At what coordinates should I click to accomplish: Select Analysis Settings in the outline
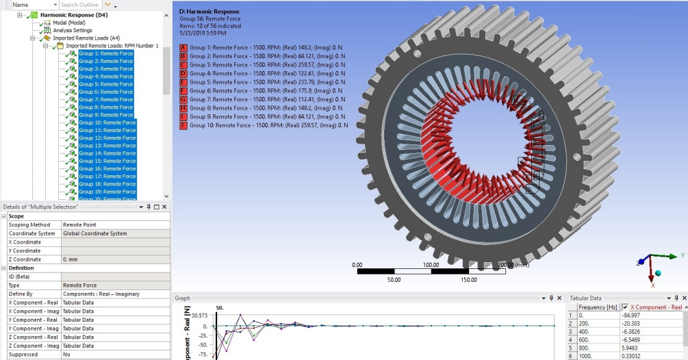pyautogui.click(x=73, y=30)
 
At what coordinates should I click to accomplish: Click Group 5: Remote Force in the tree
pyautogui.click(x=105, y=84)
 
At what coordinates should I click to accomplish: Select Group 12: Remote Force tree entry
pyautogui.click(x=107, y=138)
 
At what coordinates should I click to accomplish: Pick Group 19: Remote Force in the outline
pyautogui.click(x=107, y=192)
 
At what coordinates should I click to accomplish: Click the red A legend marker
pyautogui.click(x=183, y=48)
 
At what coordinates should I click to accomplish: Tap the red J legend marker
pyautogui.click(x=183, y=125)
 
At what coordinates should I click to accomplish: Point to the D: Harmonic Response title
pyautogui.click(x=208, y=12)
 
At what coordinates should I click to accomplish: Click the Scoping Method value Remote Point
pyautogui.click(x=79, y=224)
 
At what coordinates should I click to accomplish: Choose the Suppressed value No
pyautogui.click(x=67, y=355)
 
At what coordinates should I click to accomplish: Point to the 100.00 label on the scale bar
pyautogui.click(x=431, y=264)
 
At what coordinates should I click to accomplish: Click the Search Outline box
pyautogui.click(x=79, y=5)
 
